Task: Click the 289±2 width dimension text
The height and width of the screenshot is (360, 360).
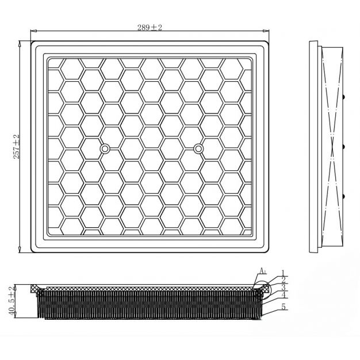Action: coord(150,28)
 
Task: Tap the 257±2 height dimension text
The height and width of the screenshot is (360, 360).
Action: coord(17,147)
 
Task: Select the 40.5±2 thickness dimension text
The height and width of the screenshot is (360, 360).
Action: coord(13,301)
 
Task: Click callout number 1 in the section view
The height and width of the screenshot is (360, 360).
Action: coord(283,273)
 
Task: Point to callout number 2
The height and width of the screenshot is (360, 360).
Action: coord(284,279)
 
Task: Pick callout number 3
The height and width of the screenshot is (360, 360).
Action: coord(284,287)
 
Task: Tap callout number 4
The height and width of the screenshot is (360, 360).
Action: coord(284,294)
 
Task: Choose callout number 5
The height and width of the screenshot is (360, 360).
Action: coord(284,307)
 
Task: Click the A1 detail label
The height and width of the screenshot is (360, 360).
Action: coord(263,271)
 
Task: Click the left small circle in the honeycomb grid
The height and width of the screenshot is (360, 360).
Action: coord(105,149)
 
